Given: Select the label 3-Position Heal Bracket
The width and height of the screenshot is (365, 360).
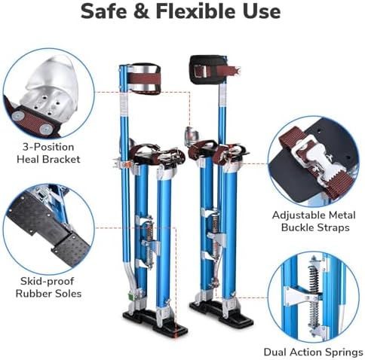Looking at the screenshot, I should click(48, 154).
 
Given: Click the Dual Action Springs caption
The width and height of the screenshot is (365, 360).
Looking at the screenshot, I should click(314, 352).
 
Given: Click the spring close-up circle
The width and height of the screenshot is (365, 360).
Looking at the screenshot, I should click(316, 294).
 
